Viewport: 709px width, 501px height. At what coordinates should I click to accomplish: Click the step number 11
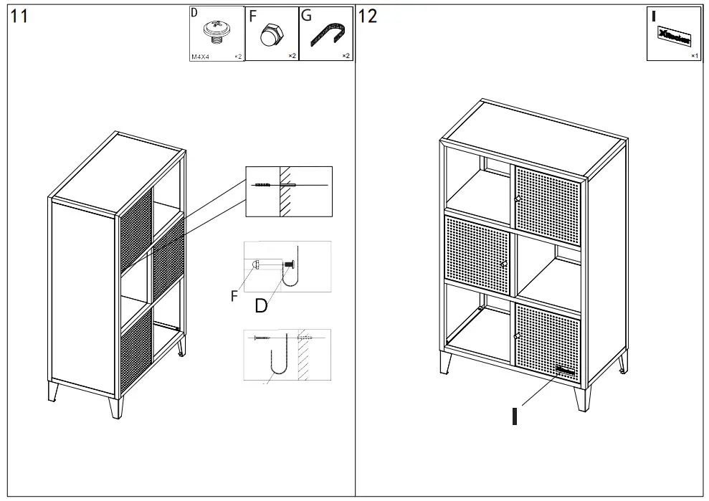pos(19,16)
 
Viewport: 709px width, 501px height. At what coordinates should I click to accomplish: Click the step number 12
pos(367,16)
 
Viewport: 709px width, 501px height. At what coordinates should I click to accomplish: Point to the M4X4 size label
pos(199,56)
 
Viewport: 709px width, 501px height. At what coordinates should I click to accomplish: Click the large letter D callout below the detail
pos(261,306)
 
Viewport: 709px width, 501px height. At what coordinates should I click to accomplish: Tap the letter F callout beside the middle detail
pos(234,297)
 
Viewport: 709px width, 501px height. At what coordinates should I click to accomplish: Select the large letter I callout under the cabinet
pos(515,416)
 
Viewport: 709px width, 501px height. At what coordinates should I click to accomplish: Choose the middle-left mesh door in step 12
pos(477,254)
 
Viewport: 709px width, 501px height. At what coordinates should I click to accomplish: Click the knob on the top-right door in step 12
pos(517,199)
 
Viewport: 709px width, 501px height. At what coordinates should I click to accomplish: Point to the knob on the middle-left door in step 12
pos(504,264)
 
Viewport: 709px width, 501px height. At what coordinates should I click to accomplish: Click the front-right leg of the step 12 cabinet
pos(582,398)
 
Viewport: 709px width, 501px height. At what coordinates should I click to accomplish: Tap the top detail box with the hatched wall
pos(289,191)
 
